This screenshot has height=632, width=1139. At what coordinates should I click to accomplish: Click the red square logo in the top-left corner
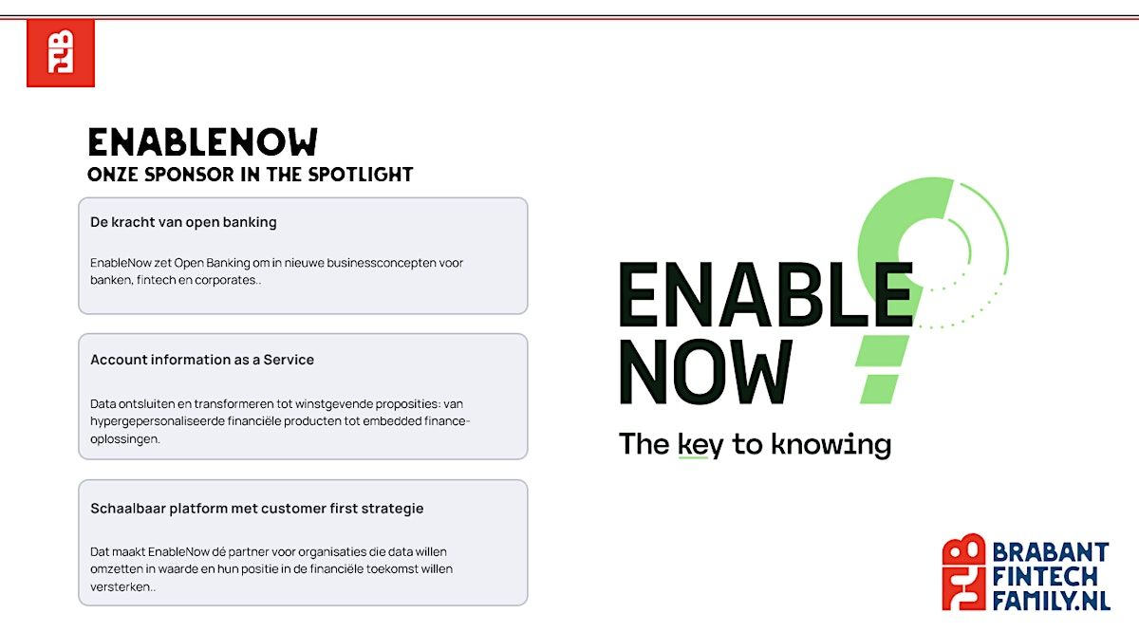click(x=61, y=53)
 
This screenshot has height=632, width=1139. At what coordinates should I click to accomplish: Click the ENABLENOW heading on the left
click(x=203, y=141)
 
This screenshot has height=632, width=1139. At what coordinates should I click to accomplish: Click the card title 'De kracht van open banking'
click(x=183, y=222)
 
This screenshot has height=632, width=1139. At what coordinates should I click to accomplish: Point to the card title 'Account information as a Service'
click(x=202, y=360)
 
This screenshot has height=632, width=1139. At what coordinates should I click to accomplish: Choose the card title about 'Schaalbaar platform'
click(x=257, y=509)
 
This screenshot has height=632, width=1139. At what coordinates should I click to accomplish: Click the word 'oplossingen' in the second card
click(x=124, y=438)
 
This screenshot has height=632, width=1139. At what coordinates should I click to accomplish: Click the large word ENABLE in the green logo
click(x=766, y=294)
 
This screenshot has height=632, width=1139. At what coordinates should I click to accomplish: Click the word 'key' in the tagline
click(x=700, y=445)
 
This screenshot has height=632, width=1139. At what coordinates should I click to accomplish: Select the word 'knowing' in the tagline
click(x=831, y=445)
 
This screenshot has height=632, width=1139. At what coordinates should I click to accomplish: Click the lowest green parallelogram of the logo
click(x=879, y=389)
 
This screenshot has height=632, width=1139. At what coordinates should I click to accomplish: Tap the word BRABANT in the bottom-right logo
click(x=1051, y=552)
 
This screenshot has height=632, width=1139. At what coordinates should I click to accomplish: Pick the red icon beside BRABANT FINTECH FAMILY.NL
click(x=963, y=571)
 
